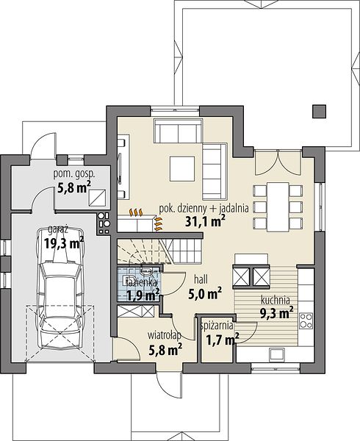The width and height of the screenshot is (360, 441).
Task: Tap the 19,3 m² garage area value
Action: point(64,243)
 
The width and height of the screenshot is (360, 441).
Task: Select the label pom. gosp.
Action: point(74,175)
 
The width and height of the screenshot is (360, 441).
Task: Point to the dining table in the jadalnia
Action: point(278,207)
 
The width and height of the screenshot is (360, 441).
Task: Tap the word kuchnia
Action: point(276,300)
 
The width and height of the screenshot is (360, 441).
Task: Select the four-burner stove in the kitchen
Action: point(306,320)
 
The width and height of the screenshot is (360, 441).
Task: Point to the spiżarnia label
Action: point(217,326)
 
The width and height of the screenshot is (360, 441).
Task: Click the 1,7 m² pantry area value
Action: point(223,340)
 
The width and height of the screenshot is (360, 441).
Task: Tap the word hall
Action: point(201,279)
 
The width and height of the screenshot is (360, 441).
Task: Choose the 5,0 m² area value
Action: point(205,293)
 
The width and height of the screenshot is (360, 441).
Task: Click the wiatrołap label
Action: point(165,335)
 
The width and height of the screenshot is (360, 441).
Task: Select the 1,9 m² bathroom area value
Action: point(143,295)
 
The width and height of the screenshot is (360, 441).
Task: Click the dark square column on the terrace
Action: point(320,111)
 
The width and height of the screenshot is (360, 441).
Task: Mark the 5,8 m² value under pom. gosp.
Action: point(74,187)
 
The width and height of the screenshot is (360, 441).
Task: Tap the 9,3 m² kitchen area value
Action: point(276,313)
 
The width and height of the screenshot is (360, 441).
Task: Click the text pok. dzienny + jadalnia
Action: point(204,209)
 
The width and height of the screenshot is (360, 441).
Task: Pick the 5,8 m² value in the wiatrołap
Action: point(165,350)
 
